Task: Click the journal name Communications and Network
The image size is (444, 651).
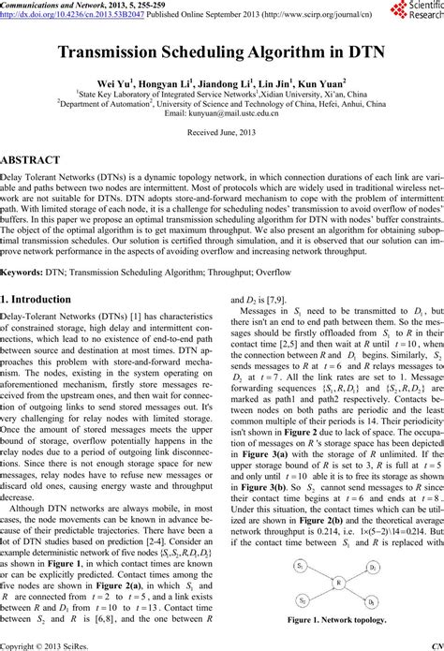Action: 52,5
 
